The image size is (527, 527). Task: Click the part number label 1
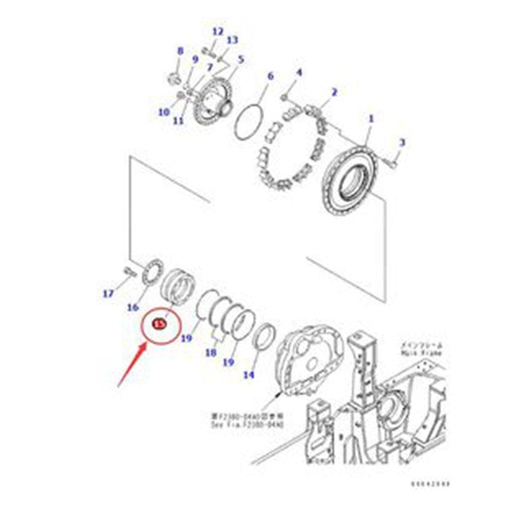(x=371, y=119)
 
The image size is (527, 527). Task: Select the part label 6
(x=268, y=75)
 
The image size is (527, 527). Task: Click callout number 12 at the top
(x=217, y=32)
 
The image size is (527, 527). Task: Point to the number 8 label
(x=179, y=51)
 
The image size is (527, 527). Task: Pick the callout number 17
(x=108, y=294)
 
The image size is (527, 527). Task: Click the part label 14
(x=248, y=375)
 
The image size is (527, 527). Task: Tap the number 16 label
(x=132, y=306)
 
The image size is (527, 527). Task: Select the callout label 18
(x=210, y=353)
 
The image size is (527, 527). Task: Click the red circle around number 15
(x=160, y=323)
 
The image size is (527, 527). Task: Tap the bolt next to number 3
(x=391, y=163)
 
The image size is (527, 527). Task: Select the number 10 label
(x=164, y=112)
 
